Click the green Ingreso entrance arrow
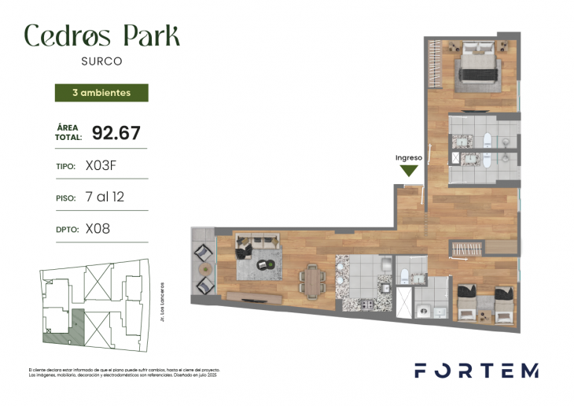(409, 172)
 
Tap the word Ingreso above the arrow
(409, 157)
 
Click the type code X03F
(105, 166)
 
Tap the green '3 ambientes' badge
(101, 93)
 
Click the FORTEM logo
(476, 371)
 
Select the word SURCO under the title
(101, 60)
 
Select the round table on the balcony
(203, 270)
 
